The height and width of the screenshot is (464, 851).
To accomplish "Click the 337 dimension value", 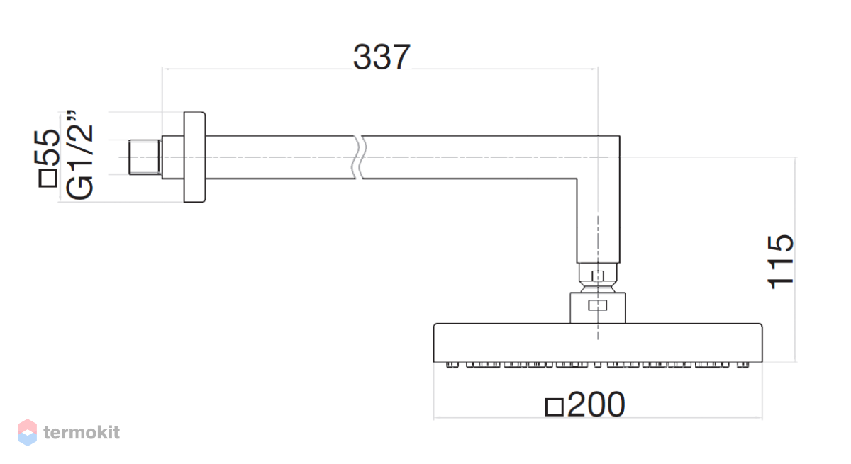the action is pos(382,57).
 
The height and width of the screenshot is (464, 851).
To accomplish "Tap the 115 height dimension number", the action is pos(780,262).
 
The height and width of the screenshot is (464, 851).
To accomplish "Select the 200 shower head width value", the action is pos(596,404).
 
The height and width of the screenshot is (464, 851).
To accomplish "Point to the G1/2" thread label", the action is pos(79,155).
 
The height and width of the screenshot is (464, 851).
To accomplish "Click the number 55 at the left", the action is pos(47,147).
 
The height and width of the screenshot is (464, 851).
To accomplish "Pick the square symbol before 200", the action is pos(555,407).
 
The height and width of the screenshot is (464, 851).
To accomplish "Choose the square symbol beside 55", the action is pos(48,179).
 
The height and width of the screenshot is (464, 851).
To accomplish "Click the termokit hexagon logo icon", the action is pos(28,432).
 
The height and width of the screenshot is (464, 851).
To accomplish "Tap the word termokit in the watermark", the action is pos(82,433).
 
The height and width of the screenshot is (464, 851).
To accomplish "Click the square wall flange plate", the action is pos(194,157).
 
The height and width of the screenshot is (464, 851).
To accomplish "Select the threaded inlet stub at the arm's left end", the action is pos(145,157).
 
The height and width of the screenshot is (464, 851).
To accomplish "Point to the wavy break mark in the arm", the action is pos(359,157).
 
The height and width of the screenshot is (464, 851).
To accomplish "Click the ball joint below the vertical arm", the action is pos(598,278).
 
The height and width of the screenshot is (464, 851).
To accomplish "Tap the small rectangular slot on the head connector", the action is pos(598,305).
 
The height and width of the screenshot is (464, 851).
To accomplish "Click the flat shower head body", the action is pos(598,343).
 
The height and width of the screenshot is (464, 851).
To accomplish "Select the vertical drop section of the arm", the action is pos(598,221).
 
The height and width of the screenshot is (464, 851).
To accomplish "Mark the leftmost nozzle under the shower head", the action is pos(452,365).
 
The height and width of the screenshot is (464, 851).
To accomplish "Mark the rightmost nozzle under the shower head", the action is pos(743,365).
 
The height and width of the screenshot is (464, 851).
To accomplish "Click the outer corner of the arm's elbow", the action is pos(620,136).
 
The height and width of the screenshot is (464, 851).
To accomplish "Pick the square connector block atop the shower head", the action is pos(598,307).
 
